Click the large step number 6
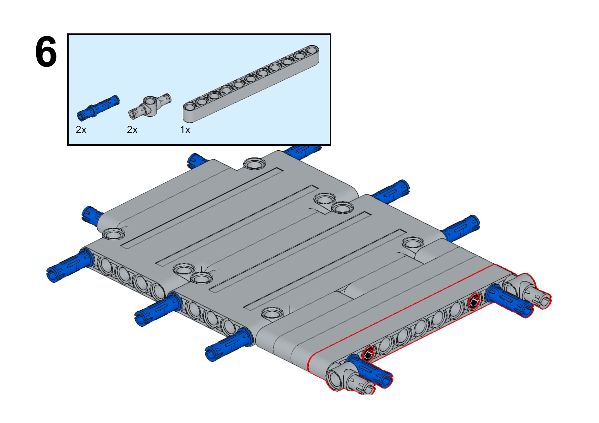click(46, 51)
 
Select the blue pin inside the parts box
click(98, 108)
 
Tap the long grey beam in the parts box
click(251, 84)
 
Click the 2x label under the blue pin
click(81, 130)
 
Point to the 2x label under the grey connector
click(132, 130)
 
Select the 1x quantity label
click(185, 130)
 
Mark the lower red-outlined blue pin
click(369, 372)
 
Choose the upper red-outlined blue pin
click(509, 301)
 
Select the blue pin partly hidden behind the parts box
click(302, 151)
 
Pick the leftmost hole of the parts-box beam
click(190, 107)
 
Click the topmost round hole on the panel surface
click(254, 163)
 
